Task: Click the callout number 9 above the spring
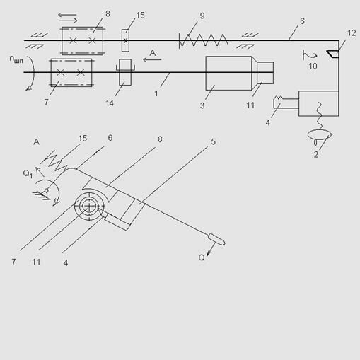[202, 16]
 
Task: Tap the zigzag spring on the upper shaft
[204, 40]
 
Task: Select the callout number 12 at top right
[352, 33]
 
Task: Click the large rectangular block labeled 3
[228, 73]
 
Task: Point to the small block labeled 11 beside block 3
[265, 73]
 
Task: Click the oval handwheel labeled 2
[320, 135]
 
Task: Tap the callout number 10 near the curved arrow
[313, 66]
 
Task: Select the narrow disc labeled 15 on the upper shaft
[125, 40]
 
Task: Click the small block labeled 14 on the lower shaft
[125, 72]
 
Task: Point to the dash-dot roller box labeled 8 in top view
[83, 41]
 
